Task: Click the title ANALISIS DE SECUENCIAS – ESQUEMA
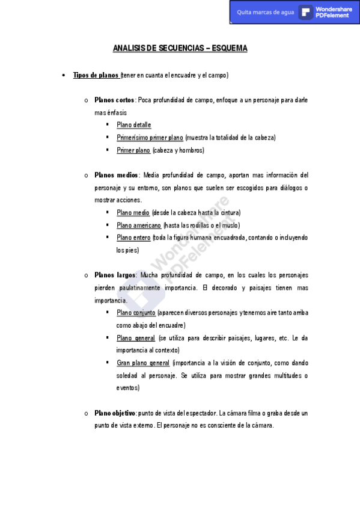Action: pyautogui.click(x=180, y=48)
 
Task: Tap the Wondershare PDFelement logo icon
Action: pyautogui.click(x=306, y=12)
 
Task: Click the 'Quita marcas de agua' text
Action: pyautogui.click(x=265, y=12)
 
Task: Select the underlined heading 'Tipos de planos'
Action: pyautogui.click(x=96, y=75)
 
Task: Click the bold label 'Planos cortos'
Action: pyautogui.click(x=114, y=100)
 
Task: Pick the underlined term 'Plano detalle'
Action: pyautogui.click(x=133, y=125)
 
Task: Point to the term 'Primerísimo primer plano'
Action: pyautogui.click(x=150, y=138)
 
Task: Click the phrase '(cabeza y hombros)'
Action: pyautogui.click(x=178, y=150)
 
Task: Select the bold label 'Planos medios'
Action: pyautogui.click(x=116, y=175)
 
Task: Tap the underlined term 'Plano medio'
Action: pyautogui.click(x=133, y=213)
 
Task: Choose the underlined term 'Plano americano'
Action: pyautogui.click(x=138, y=226)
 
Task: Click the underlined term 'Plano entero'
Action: pyautogui.click(x=133, y=238)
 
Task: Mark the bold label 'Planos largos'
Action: pyautogui.click(x=115, y=275)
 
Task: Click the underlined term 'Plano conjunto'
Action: pyautogui.click(x=136, y=313)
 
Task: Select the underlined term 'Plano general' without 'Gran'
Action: pyautogui.click(x=136, y=338)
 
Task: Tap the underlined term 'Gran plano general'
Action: pyautogui.click(x=143, y=363)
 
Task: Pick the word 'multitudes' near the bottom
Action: pyautogui.click(x=282, y=376)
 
